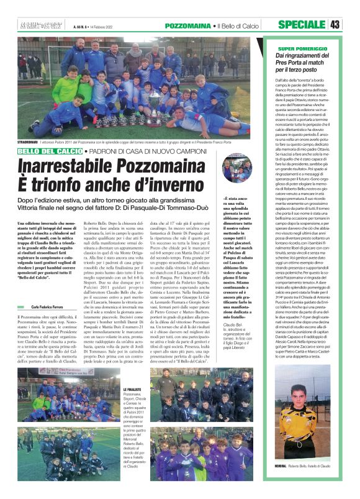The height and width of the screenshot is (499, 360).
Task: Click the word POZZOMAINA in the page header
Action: [189, 25]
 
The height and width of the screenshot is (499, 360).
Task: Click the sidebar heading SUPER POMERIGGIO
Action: [304, 48]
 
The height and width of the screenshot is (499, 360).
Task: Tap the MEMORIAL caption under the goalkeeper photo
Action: [280, 466]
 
